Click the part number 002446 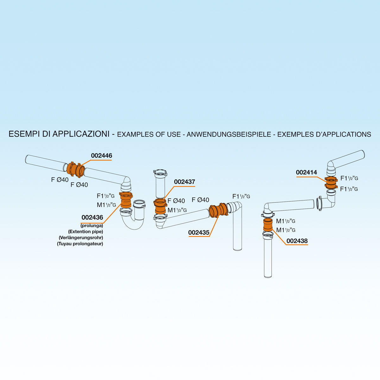click(x=101, y=156)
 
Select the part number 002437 click(x=184, y=182)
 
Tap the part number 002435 click(x=199, y=232)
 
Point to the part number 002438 click(x=297, y=241)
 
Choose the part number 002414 click(x=306, y=173)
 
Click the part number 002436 click(x=92, y=218)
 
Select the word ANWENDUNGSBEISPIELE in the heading click(x=229, y=134)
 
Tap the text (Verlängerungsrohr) click(x=81, y=237)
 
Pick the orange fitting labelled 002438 click(x=268, y=225)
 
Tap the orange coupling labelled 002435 click(x=218, y=210)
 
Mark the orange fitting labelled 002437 click(x=161, y=206)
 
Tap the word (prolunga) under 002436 click(x=92, y=226)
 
